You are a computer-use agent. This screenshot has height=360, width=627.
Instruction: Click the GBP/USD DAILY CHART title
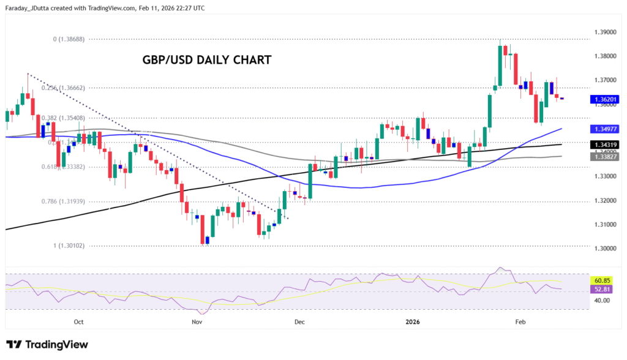click(x=207, y=60)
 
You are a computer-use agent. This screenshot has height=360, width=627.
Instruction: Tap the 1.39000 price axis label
click(x=605, y=32)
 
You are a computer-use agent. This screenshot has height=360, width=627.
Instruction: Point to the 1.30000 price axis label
click(x=605, y=249)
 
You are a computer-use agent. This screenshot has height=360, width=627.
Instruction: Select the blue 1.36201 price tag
click(x=604, y=99)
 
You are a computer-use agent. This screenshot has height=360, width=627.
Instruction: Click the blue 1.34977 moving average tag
click(x=604, y=129)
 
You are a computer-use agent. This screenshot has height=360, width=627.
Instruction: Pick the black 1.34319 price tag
click(x=604, y=144)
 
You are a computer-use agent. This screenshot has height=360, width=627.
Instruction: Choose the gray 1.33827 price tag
click(x=604, y=157)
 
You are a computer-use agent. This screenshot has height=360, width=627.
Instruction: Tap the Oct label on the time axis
click(x=78, y=321)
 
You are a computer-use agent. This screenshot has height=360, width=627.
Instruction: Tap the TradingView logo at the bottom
click(x=47, y=345)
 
